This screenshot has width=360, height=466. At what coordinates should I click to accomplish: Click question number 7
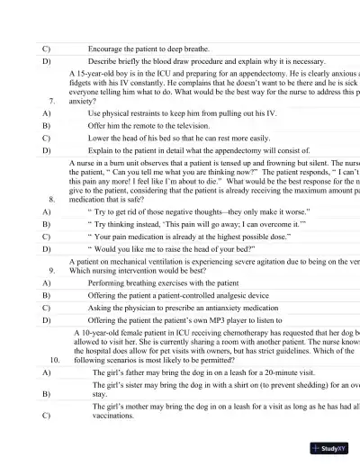point(53,102)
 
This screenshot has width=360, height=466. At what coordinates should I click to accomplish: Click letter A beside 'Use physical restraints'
point(46,114)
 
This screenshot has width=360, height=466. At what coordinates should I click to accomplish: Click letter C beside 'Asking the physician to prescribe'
point(46,308)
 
